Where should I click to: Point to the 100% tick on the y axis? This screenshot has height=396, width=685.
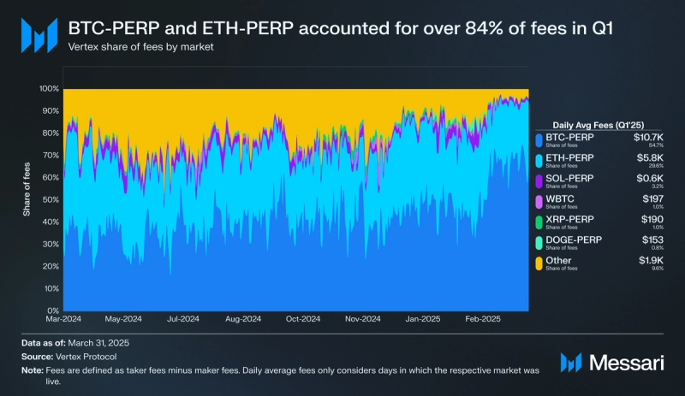(49, 89)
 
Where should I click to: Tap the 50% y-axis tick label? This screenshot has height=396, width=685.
(51, 199)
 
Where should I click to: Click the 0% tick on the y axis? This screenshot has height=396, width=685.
(53, 310)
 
